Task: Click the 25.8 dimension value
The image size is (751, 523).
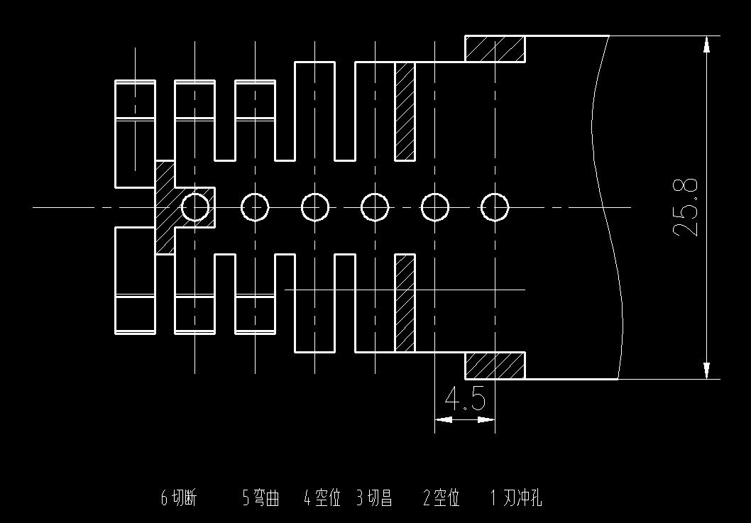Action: pos(686,207)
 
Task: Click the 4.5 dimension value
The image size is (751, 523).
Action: pos(465,399)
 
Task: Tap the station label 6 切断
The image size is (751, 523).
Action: pos(179,499)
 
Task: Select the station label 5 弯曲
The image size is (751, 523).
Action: pos(261,499)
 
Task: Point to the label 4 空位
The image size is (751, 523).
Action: pos(322,499)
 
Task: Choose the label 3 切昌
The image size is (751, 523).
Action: pos(374,499)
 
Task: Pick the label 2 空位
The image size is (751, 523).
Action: pos(442,499)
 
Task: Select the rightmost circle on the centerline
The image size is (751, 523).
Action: pos(495,194)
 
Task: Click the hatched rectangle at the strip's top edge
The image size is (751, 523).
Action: pos(495,49)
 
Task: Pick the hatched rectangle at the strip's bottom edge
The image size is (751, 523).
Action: pos(495,365)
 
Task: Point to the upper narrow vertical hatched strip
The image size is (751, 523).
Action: pos(405,111)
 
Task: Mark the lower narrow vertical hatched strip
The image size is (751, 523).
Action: pos(405,303)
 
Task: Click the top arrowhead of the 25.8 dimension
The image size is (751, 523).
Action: pos(706,43)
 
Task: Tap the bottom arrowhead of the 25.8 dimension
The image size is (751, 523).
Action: pos(706,370)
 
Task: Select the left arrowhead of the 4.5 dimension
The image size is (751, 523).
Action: pos(443,419)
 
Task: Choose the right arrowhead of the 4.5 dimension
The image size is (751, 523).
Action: pos(487,419)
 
